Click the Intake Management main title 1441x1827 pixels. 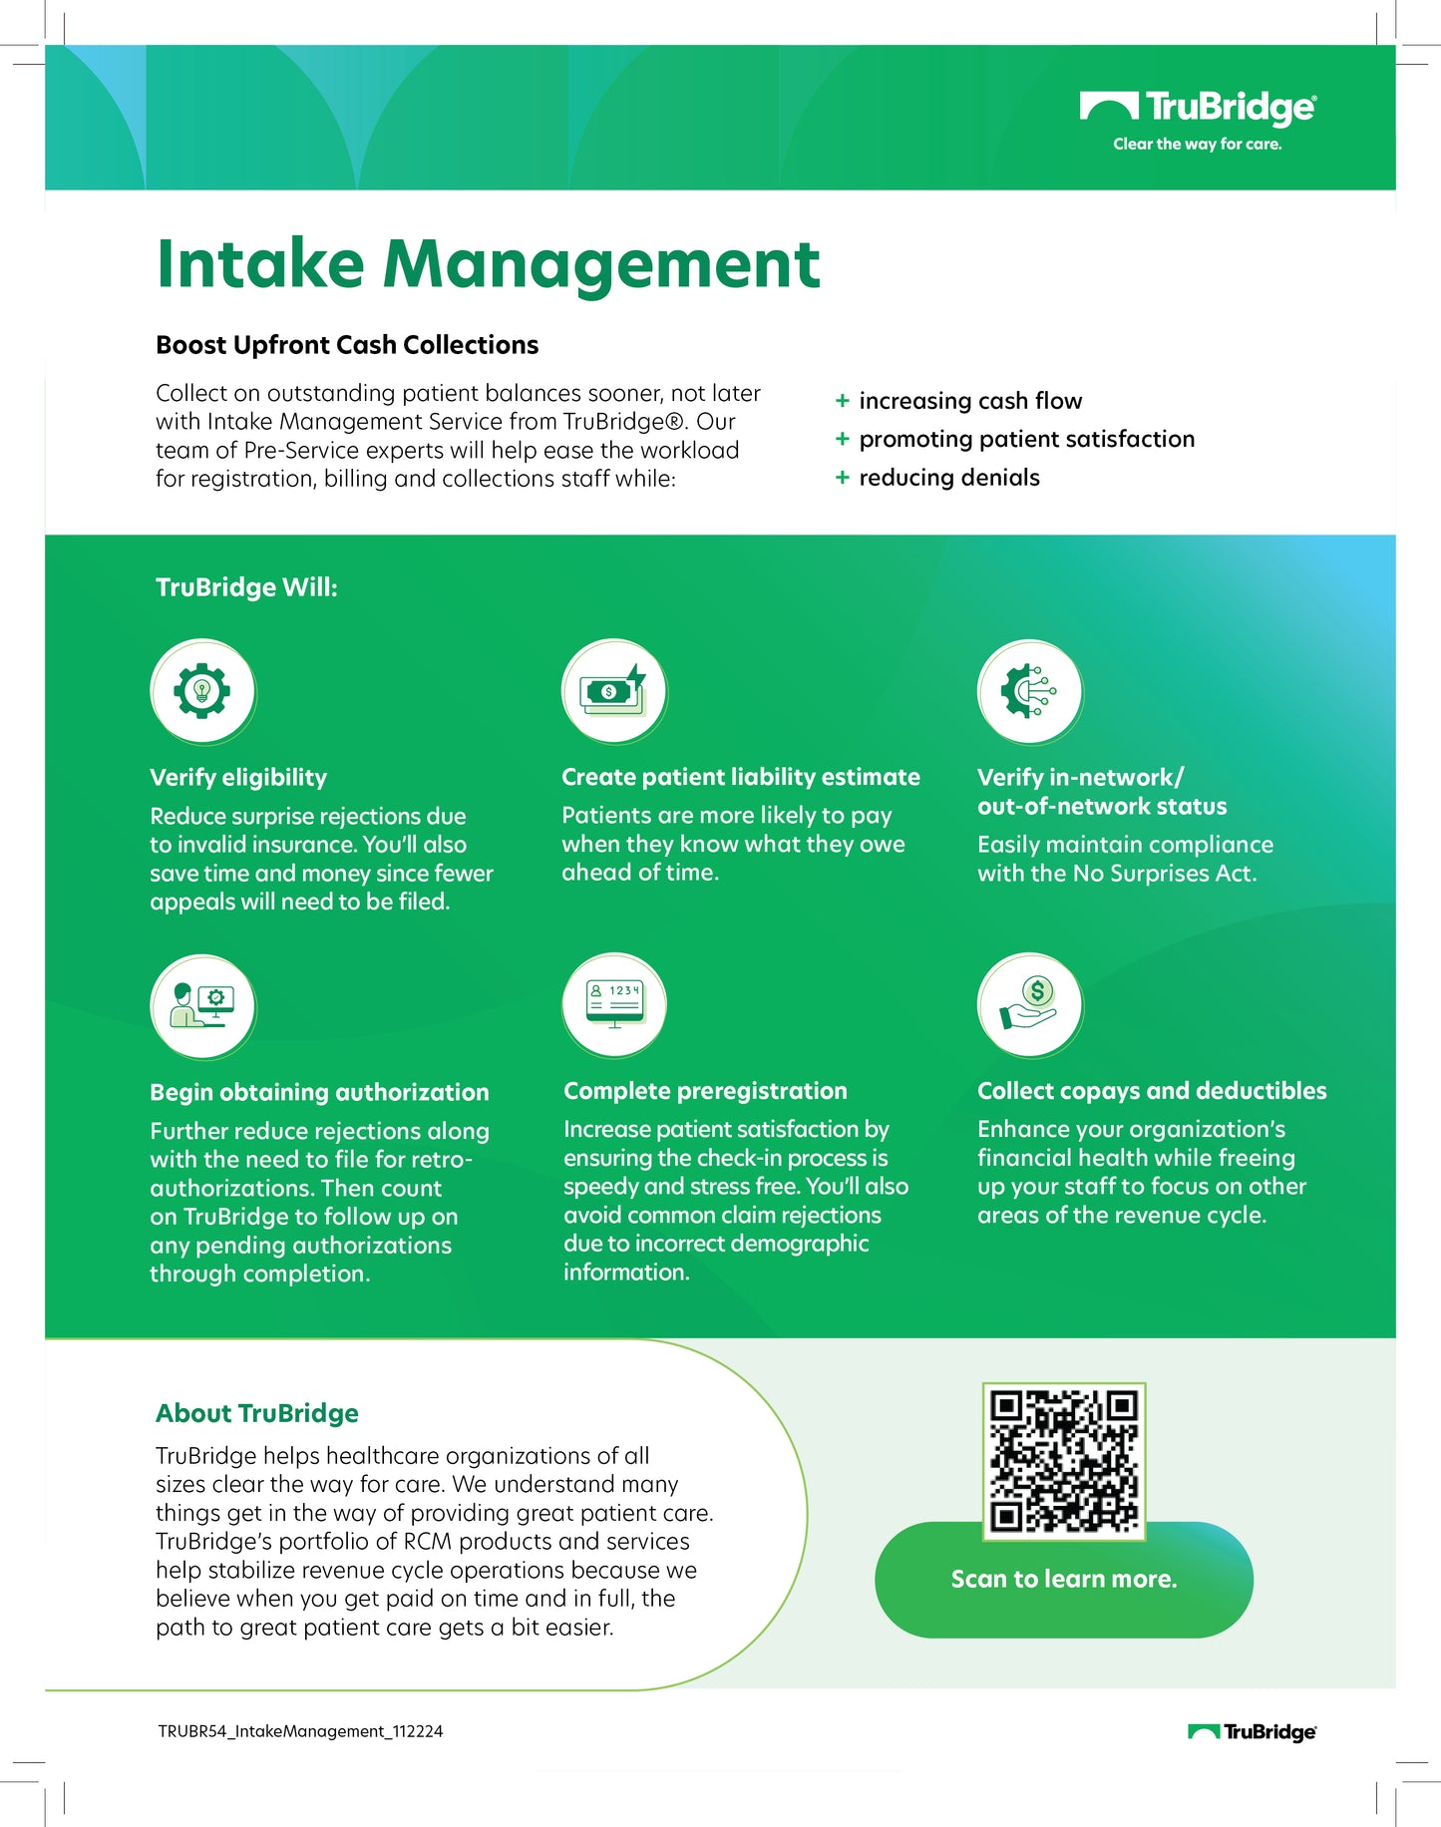coord(488,264)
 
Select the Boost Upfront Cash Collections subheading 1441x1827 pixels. coord(347,345)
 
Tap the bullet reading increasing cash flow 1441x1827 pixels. coord(969,401)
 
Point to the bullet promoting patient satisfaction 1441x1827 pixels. coord(1026,439)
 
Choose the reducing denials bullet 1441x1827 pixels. coord(948,478)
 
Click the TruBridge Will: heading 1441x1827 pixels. coord(246,587)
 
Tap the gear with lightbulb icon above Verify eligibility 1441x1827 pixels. coord(202,691)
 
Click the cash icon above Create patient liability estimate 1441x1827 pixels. coord(614,691)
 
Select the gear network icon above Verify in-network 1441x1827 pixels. coord(1029,691)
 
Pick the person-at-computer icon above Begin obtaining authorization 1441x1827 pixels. coord(202,1006)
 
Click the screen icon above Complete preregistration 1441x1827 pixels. coord(614,1004)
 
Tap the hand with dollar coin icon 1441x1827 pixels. coord(1029,1004)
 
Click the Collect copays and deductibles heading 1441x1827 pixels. coord(1152,1091)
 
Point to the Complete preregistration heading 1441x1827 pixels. coord(705,1091)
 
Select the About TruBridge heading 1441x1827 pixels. coord(257,1413)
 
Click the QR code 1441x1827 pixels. coord(1063,1460)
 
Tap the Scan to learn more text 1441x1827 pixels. coord(1064,1579)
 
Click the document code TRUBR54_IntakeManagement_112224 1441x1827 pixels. coord(300,1731)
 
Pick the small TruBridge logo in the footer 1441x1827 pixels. coord(1252,1732)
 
